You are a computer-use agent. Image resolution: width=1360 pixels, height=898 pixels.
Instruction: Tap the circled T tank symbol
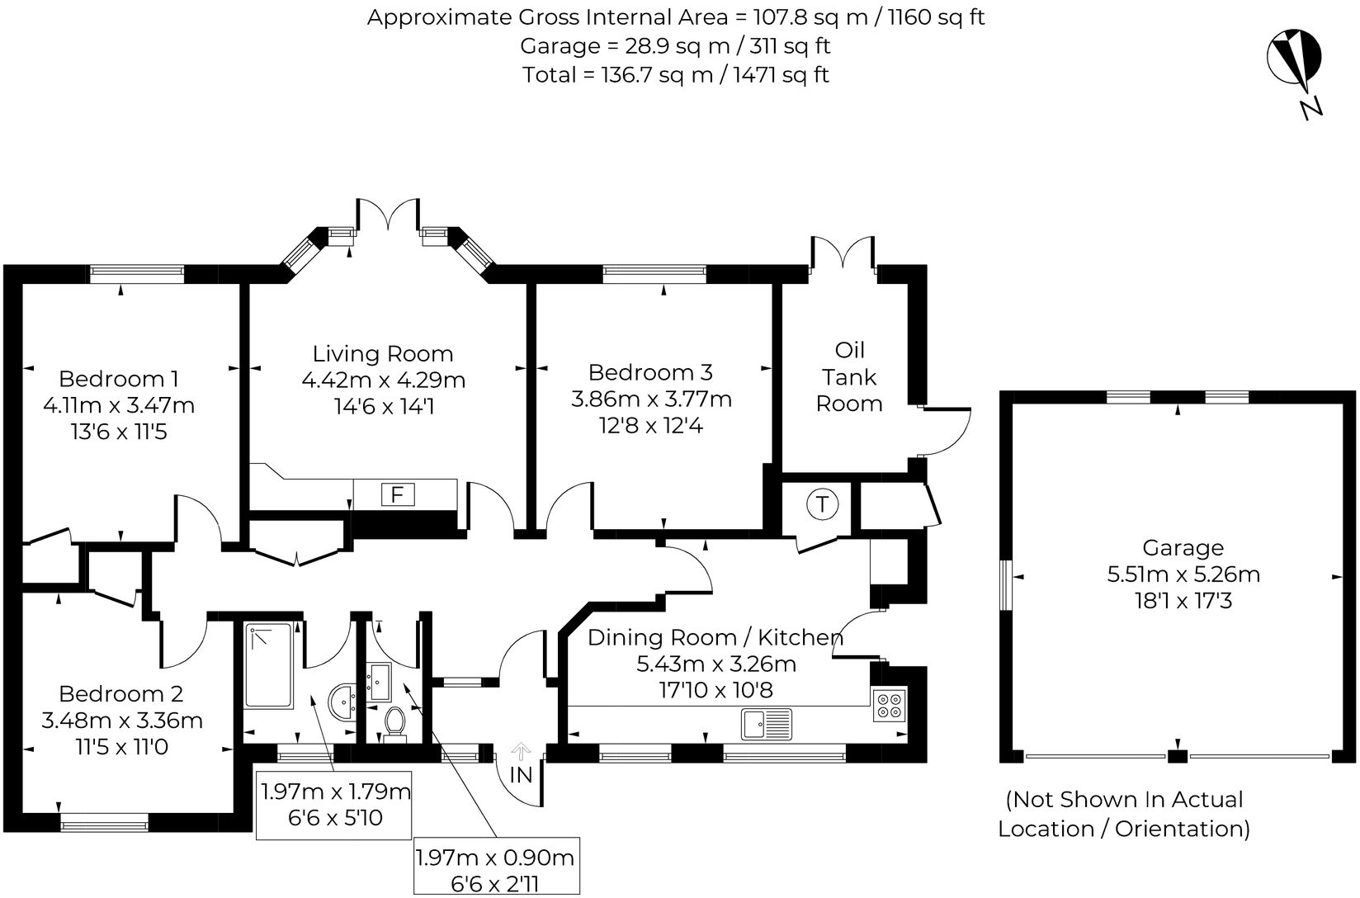822,503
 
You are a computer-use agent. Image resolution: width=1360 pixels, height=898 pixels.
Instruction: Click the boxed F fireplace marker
397,494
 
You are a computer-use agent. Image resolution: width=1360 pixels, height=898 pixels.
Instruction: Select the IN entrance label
521,776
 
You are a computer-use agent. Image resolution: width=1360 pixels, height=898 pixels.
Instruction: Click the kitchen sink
766,723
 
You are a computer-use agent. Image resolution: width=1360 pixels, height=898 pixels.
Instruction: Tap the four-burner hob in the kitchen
890,704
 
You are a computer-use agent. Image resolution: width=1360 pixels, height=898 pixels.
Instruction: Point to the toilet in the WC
394,721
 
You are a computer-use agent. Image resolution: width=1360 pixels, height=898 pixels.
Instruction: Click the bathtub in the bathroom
268,665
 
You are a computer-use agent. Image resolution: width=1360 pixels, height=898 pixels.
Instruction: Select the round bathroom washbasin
342,702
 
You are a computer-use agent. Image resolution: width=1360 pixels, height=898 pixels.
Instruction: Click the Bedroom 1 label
119,379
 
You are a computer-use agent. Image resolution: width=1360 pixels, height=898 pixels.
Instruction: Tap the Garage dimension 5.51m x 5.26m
1183,574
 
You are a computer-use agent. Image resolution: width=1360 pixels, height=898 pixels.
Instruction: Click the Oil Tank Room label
849,376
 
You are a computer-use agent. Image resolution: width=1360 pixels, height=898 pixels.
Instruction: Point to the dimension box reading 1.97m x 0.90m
495,868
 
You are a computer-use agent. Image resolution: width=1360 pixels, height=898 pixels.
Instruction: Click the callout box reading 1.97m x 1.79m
336,805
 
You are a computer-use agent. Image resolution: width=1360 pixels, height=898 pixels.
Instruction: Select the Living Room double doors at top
388,216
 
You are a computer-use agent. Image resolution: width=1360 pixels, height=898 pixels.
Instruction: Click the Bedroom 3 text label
650,372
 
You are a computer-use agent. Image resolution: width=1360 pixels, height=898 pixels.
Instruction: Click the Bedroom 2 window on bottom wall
104,822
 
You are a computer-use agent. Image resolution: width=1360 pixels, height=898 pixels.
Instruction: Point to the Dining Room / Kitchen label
715,637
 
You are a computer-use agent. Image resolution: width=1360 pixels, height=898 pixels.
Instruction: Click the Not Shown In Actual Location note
1124,814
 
